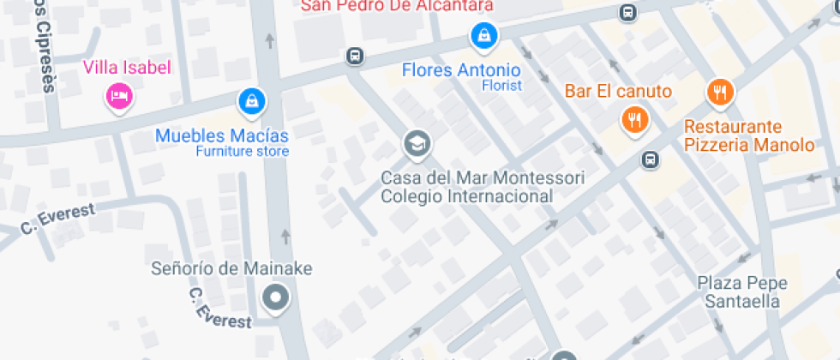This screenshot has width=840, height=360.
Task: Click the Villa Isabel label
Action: tap(126, 67)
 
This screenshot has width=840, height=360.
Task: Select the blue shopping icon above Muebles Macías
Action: tap(251, 101)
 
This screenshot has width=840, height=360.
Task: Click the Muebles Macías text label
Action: tap(222, 135)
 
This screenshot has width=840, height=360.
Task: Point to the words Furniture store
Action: tap(242, 152)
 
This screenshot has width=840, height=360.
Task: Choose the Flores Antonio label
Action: tap(460, 69)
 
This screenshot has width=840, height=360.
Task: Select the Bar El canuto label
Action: tap(617, 91)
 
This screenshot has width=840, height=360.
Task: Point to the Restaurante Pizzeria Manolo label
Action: tap(748, 135)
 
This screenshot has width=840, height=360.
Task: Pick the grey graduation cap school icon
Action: tap(417, 145)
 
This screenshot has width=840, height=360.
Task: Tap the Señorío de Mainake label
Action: tap(231, 268)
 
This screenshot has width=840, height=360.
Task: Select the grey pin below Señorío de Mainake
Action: tap(276, 299)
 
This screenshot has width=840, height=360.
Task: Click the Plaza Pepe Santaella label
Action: tap(741, 291)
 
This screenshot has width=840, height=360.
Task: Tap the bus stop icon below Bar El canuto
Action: tap(651, 159)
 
